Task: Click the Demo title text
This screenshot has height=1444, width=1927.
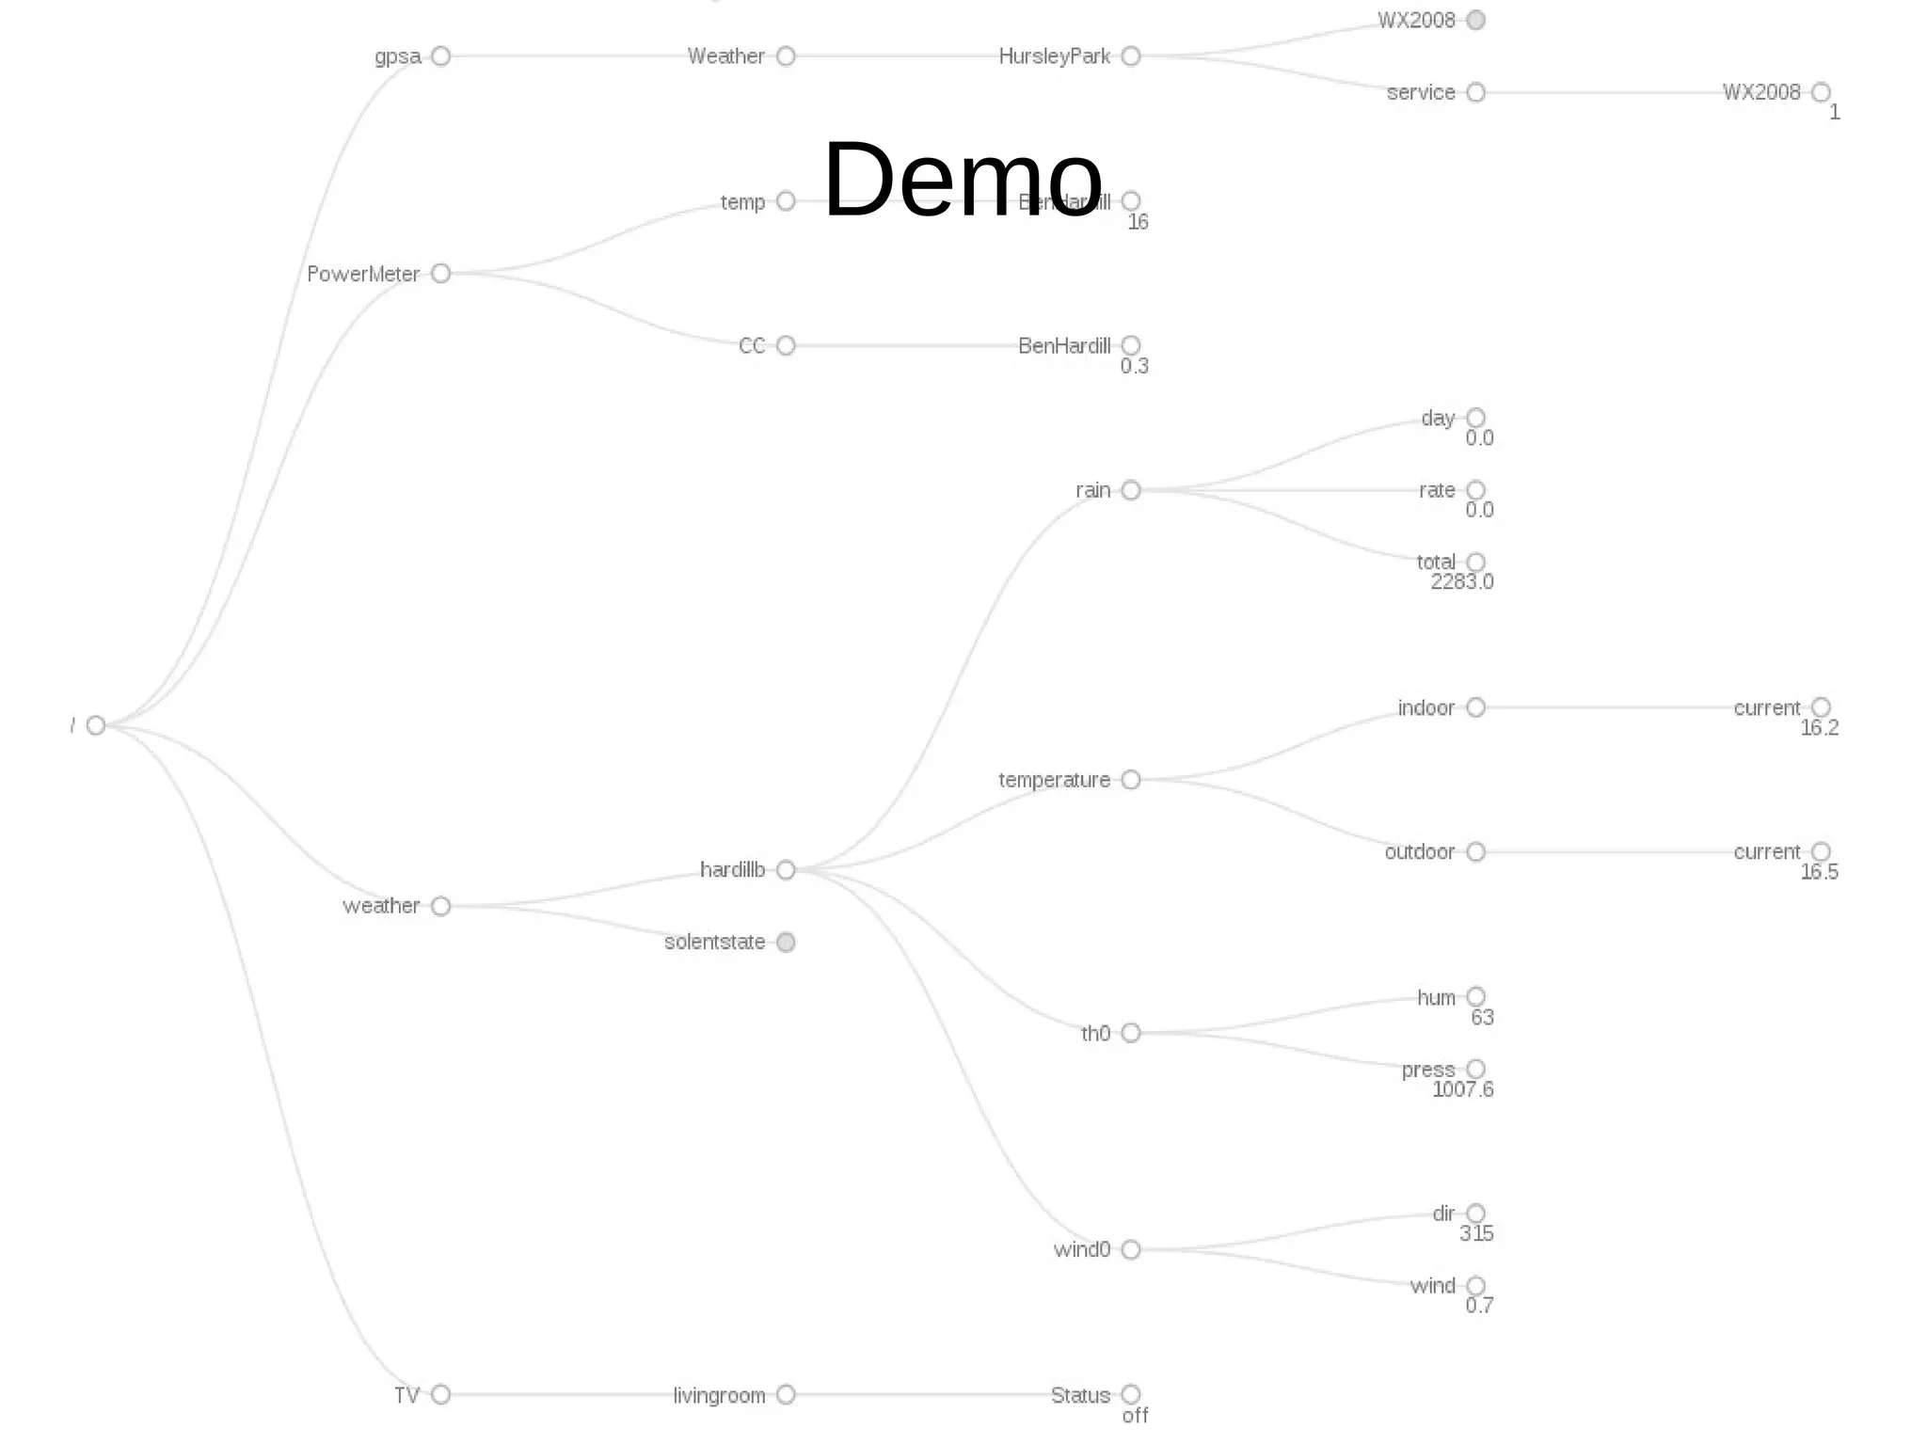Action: pyautogui.click(x=962, y=180)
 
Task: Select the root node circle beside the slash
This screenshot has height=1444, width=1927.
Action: pyautogui.click(x=96, y=725)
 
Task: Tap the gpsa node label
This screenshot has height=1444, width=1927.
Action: pyautogui.click(x=398, y=56)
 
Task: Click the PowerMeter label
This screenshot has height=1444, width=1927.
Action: pyautogui.click(x=363, y=274)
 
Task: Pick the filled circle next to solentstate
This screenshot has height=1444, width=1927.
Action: pyautogui.click(x=787, y=943)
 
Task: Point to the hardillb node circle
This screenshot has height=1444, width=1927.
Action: pyautogui.click(x=787, y=870)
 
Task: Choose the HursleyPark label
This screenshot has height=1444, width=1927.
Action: pyautogui.click(x=1055, y=56)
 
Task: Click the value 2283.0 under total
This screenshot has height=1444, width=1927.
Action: pyautogui.click(x=1461, y=582)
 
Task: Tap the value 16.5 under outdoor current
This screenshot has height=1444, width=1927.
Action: pyautogui.click(x=1819, y=872)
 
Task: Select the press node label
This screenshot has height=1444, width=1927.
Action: pyautogui.click(x=1427, y=1070)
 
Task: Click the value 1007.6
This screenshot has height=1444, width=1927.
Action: pyautogui.click(x=1462, y=1089)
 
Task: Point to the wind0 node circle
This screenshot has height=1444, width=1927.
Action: pyautogui.click(x=1131, y=1250)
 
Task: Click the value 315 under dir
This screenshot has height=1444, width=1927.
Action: pyautogui.click(x=1476, y=1234)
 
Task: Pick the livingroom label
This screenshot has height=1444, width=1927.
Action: pyautogui.click(x=719, y=1395)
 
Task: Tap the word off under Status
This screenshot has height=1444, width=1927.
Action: pyautogui.click(x=1135, y=1416)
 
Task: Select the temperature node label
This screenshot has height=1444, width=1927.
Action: pyautogui.click(x=1054, y=780)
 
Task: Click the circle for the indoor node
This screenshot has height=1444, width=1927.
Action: pyautogui.click(x=1476, y=707)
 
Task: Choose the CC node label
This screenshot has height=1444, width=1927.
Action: pyautogui.click(x=752, y=346)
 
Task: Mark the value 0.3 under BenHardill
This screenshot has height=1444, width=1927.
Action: pyautogui.click(x=1134, y=367)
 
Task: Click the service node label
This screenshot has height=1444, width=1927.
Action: pyautogui.click(x=1421, y=92)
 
